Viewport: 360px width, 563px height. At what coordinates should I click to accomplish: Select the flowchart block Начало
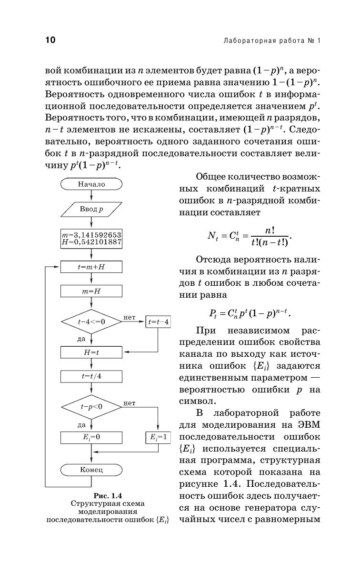tap(91, 184)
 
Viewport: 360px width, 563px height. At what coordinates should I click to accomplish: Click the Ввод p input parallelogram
tap(91, 209)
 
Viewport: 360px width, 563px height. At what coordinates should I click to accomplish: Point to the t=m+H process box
tap(91, 267)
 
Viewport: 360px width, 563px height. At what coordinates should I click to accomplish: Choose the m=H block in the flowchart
tap(91, 291)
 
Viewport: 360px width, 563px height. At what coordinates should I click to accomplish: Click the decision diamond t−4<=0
tap(91, 322)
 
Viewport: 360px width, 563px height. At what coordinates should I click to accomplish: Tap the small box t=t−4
tap(158, 322)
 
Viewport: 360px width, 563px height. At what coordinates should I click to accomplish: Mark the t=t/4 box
tap(91, 376)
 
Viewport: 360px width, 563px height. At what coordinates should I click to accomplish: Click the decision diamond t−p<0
tap(91, 407)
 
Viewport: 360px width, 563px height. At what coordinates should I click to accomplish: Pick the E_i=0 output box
tap(91, 437)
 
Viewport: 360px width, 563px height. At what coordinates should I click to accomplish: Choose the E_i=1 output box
tap(158, 437)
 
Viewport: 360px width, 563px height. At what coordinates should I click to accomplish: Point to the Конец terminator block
tap(91, 470)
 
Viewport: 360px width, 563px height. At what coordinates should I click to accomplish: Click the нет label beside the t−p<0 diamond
tap(129, 403)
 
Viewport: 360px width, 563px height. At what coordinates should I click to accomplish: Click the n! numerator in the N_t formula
tap(270, 230)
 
